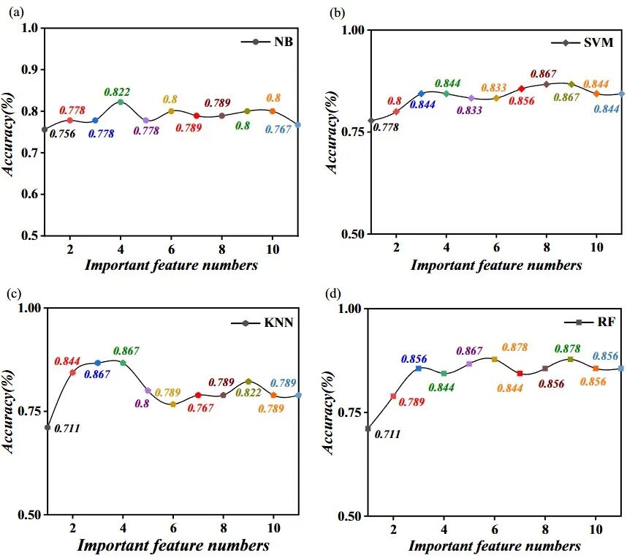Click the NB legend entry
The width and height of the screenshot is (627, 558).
(267, 42)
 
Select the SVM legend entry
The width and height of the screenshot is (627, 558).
(582, 42)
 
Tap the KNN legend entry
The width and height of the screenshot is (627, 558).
(262, 323)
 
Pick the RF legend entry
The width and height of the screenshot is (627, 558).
(590, 322)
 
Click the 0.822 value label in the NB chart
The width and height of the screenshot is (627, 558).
(117, 92)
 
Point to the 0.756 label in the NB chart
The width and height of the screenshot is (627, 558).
(62, 134)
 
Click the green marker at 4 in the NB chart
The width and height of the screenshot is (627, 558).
(121, 102)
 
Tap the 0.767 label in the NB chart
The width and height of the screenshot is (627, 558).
(278, 129)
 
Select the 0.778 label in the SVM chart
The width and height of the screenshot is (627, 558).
(386, 127)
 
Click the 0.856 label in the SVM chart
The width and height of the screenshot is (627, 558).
(522, 101)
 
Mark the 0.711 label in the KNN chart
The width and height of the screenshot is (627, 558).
(67, 429)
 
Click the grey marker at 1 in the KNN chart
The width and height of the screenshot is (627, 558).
(47, 428)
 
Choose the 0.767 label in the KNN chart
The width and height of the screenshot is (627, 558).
(200, 408)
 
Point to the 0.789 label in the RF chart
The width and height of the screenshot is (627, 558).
(411, 401)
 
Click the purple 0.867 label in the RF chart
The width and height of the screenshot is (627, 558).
(469, 350)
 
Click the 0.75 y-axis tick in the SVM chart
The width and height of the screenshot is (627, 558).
(353, 132)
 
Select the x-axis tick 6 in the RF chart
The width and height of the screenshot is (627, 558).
(495, 529)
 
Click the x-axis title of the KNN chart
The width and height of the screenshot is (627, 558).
(172, 545)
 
